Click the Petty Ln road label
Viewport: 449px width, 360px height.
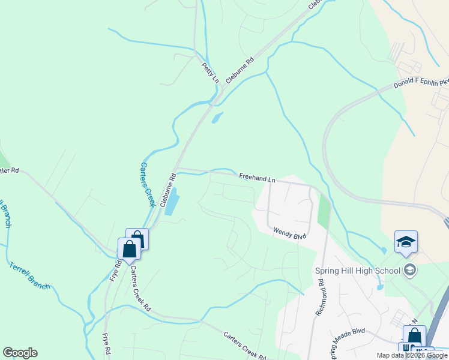point(209,71)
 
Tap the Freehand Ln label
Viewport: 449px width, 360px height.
point(257,178)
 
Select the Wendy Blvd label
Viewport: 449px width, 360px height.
point(289,233)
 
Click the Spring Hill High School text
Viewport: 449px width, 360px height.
point(358,271)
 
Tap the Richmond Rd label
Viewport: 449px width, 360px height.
point(319,298)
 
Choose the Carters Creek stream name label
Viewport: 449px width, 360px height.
point(146,184)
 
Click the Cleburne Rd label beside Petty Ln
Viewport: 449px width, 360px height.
point(240,70)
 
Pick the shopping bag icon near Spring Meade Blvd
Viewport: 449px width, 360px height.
point(414,336)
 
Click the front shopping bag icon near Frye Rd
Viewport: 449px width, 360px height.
point(129,249)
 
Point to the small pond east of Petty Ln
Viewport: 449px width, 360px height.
point(217,118)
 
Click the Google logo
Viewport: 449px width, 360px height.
point(20,353)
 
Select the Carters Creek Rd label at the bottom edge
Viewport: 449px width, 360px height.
point(244,346)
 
